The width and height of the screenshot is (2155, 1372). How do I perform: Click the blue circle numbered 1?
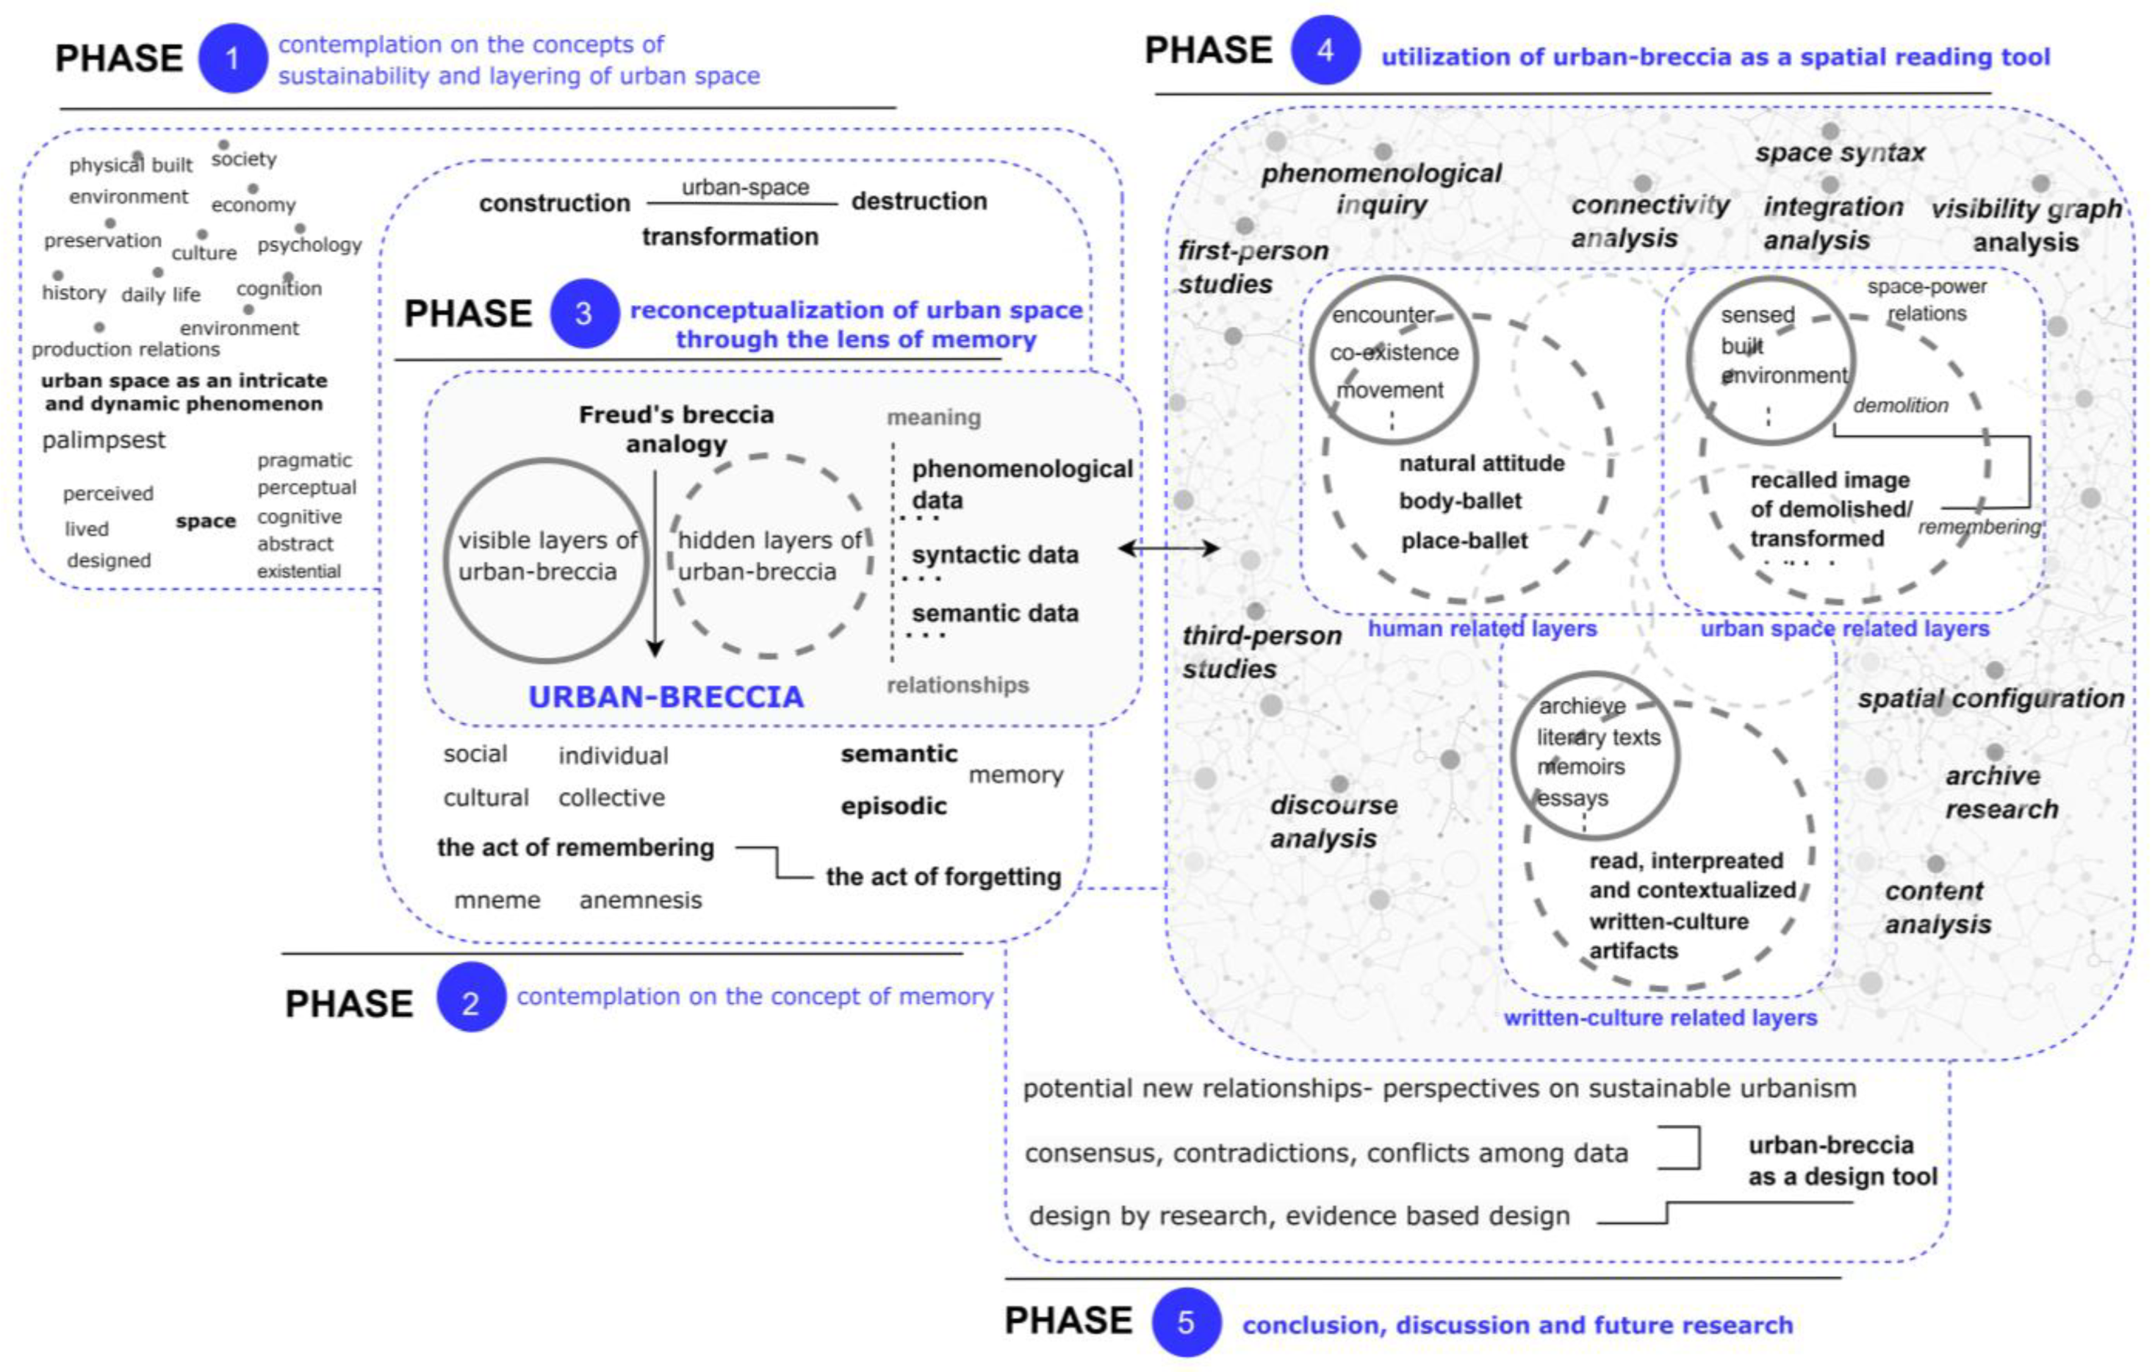pos(231,58)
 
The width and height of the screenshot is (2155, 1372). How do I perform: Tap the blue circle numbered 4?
pos(1325,50)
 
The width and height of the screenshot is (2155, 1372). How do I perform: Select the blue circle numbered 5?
pos(1186,1322)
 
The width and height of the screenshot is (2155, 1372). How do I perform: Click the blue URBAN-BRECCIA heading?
pos(666,697)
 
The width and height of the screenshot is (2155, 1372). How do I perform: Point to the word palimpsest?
pos(104,440)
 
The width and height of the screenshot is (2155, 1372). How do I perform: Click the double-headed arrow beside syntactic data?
pos(1169,547)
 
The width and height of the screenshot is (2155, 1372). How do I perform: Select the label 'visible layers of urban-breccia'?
pos(547,556)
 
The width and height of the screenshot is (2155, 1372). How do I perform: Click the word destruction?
pos(918,201)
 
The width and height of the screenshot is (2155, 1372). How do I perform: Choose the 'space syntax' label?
pos(1840,153)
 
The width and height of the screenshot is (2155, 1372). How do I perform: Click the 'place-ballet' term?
pos(1464,541)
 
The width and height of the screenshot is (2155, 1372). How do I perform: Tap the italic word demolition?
pos(1900,406)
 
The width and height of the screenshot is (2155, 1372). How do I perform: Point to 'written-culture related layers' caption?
pos(1660,1018)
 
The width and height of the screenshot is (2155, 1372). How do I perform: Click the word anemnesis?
pos(640,899)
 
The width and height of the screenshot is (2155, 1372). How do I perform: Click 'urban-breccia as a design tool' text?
pos(1842,1161)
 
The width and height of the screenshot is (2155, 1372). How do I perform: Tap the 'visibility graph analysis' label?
pos(2025,226)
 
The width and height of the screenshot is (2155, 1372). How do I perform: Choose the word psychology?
pos(309,245)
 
